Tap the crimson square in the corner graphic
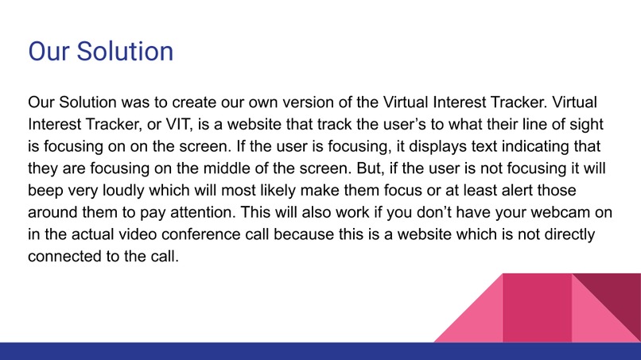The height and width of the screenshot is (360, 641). coord(538,308)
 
